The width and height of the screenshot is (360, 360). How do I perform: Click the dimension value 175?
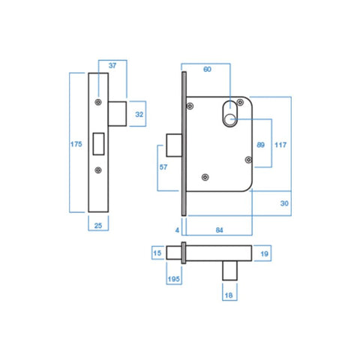[x=76, y=145]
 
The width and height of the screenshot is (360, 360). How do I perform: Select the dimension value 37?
[x=112, y=66]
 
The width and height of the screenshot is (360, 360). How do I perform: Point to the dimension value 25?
[x=100, y=224]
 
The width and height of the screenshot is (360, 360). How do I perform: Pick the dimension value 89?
[x=259, y=144]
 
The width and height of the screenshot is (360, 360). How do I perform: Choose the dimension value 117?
[x=281, y=144]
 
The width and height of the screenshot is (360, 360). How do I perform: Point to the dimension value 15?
[x=157, y=253]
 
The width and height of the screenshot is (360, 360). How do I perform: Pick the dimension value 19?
[x=264, y=253]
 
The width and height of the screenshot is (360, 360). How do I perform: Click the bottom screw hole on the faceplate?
[x=99, y=170]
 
